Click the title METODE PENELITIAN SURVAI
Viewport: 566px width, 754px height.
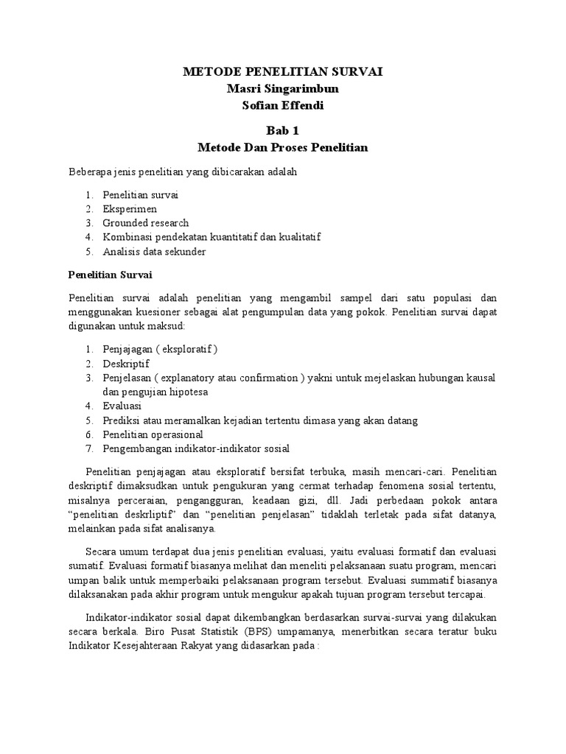pyautogui.click(x=282, y=71)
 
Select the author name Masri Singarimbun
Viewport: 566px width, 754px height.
pyautogui.click(x=282, y=88)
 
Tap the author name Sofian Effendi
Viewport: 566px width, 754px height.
pyautogui.click(x=282, y=105)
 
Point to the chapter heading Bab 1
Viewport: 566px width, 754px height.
pyautogui.click(x=282, y=130)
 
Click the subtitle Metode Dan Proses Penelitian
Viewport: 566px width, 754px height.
pyautogui.click(x=282, y=147)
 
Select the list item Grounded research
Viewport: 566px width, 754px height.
pyautogui.click(x=146, y=223)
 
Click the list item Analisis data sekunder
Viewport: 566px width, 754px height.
pyautogui.click(x=154, y=251)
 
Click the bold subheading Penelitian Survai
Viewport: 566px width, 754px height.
pyautogui.click(x=109, y=275)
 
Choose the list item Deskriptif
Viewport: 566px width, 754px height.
pyautogui.click(x=126, y=364)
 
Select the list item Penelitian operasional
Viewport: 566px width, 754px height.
pyautogui.click(x=152, y=434)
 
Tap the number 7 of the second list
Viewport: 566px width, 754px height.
pyautogui.click(x=87, y=448)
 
